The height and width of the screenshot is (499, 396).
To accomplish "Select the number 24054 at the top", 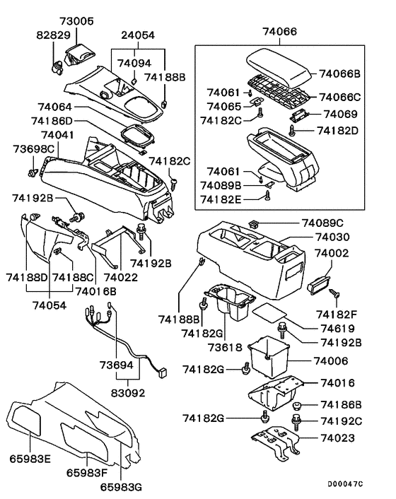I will pos(138,34).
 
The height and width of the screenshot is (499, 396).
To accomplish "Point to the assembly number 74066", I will pos(279,32).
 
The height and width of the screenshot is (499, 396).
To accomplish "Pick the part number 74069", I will pos(340,114).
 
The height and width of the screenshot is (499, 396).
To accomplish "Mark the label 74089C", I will pos(325,223).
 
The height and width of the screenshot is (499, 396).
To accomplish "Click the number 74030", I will pos(332,237).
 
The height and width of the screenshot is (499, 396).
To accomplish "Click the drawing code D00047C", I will pos(344,484).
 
